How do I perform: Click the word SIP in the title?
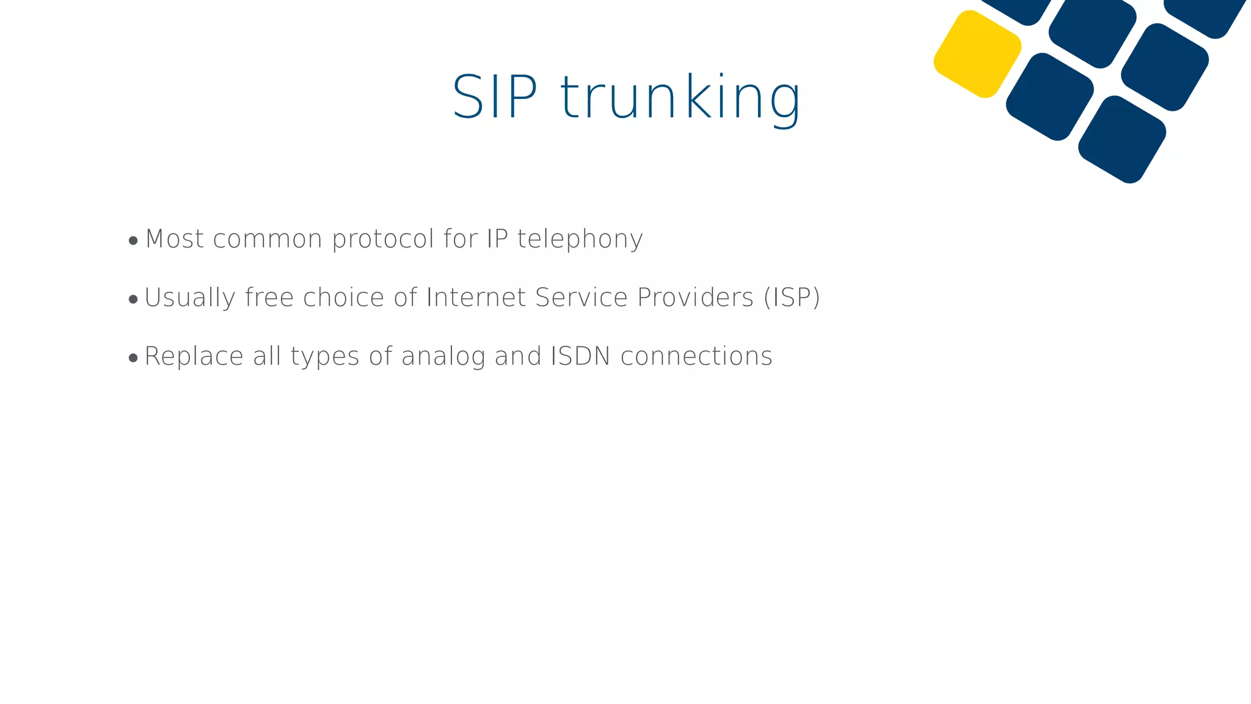(495, 98)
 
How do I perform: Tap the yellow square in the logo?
(977, 54)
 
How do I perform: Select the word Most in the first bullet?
(175, 239)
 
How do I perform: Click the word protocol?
(383, 239)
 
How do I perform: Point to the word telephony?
(580, 239)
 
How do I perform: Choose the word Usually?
(189, 298)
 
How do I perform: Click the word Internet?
(476, 298)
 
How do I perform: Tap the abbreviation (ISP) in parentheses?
(792, 298)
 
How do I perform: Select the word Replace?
(194, 356)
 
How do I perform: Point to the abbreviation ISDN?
(580, 356)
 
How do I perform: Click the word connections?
(696, 356)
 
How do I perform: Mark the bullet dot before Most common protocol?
(133, 241)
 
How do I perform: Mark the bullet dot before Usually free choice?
(133, 299)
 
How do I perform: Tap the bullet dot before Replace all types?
(133, 358)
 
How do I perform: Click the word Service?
(581, 298)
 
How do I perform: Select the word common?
(268, 239)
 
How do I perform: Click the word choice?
(343, 298)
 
